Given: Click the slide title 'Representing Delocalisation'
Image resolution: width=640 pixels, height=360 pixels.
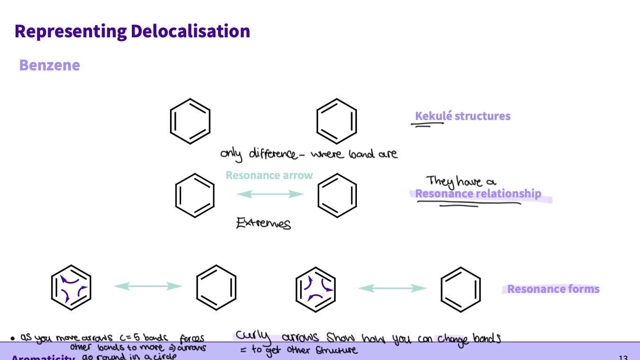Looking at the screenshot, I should point(132,31).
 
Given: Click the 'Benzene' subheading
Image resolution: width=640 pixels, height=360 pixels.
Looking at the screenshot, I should point(50,65).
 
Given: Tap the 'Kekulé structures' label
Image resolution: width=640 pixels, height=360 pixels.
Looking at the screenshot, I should point(462,116).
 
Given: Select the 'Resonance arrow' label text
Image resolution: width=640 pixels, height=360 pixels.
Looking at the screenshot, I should point(269,175).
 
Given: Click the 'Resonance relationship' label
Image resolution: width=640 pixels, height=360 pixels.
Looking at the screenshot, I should point(478,194).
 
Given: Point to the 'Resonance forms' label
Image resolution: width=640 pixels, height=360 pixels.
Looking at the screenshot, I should point(553,289).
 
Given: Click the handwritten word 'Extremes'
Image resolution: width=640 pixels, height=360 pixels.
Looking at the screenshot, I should point(263,223).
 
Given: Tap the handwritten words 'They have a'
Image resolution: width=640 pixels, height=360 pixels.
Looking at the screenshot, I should point(461,181).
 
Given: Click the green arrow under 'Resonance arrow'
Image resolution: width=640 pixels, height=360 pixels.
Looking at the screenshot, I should point(269,194).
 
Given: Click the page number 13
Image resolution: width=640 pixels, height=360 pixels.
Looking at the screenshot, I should point(623,357).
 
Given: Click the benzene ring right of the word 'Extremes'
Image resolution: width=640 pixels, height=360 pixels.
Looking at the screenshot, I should point(337,195).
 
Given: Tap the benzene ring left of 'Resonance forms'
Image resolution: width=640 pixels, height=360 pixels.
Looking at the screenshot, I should point(460,289).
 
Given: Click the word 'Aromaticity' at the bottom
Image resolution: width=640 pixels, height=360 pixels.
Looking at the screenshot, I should point(43,357).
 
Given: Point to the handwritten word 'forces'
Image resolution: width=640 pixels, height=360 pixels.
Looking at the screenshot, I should point(192,339).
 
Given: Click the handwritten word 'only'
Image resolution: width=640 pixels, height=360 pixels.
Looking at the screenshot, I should point(230,154).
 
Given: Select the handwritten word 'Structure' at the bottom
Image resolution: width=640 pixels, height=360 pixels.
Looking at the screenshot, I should point(337,351).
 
